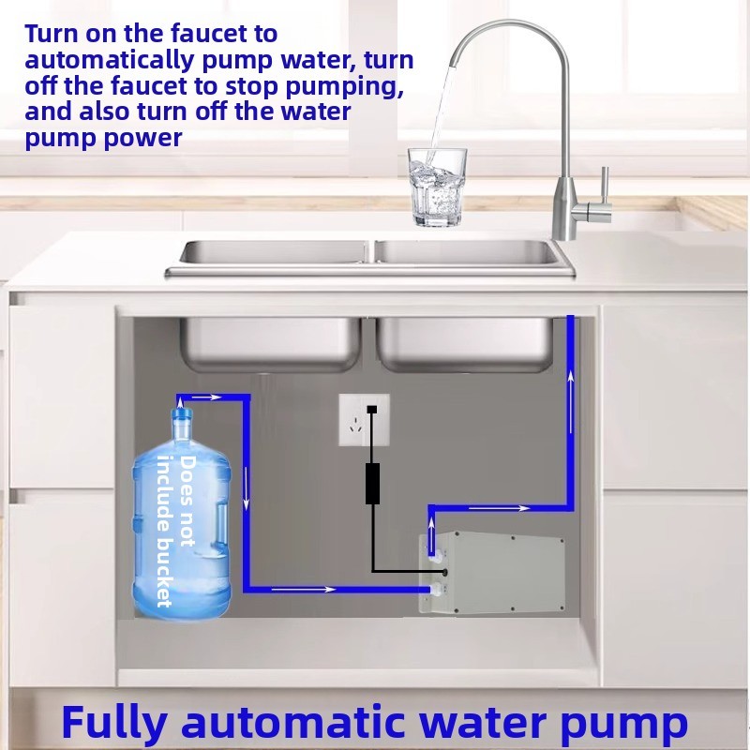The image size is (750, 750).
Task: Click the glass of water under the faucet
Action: [437, 187]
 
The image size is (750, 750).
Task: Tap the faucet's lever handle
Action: [604, 192]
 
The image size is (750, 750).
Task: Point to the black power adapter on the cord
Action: [372, 483]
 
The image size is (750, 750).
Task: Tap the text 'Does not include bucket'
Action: [176, 530]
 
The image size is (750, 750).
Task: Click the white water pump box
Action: [493, 573]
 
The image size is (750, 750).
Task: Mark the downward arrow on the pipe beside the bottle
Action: [247, 491]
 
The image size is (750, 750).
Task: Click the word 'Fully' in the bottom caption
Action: [114, 724]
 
